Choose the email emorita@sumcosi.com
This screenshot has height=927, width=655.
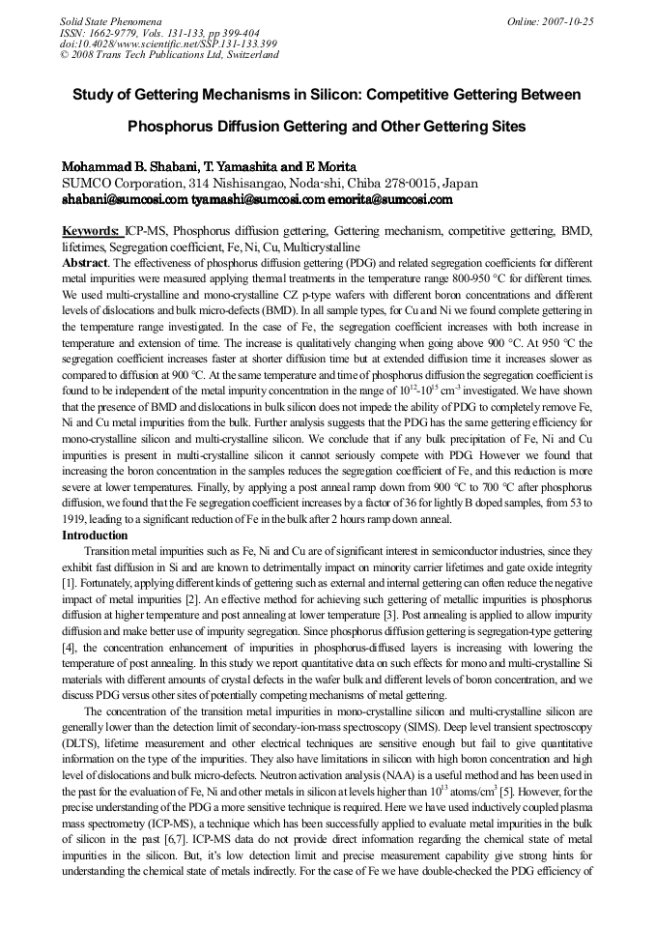388,200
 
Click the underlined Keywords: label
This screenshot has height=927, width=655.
92,232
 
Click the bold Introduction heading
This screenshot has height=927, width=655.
95,535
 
